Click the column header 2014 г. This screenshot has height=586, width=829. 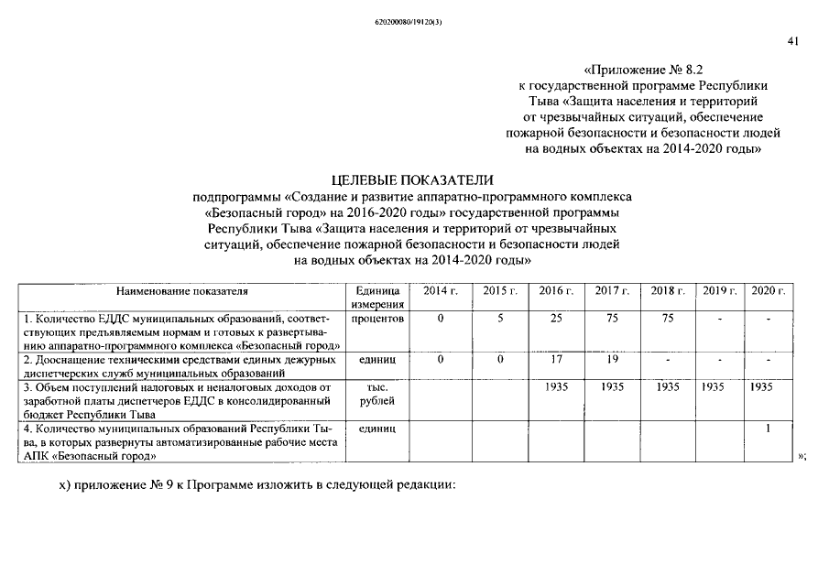(x=440, y=291)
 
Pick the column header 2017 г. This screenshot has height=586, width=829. (x=612, y=291)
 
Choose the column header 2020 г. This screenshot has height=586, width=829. (x=769, y=291)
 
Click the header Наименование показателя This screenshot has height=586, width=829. (x=181, y=291)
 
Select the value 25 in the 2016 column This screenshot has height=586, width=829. (x=556, y=319)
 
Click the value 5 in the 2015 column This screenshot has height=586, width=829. (x=500, y=319)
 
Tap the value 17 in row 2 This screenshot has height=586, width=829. (x=556, y=360)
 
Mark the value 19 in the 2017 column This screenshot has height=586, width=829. (x=612, y=360)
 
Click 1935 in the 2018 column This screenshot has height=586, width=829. (x=668, y=387)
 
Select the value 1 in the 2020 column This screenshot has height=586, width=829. (x=769, y=429)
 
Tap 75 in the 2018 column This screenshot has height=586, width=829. (x=668, y=319)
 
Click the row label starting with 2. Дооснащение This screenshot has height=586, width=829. (x=181, y=366)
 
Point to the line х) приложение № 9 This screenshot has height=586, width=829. (x=256, y=483)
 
